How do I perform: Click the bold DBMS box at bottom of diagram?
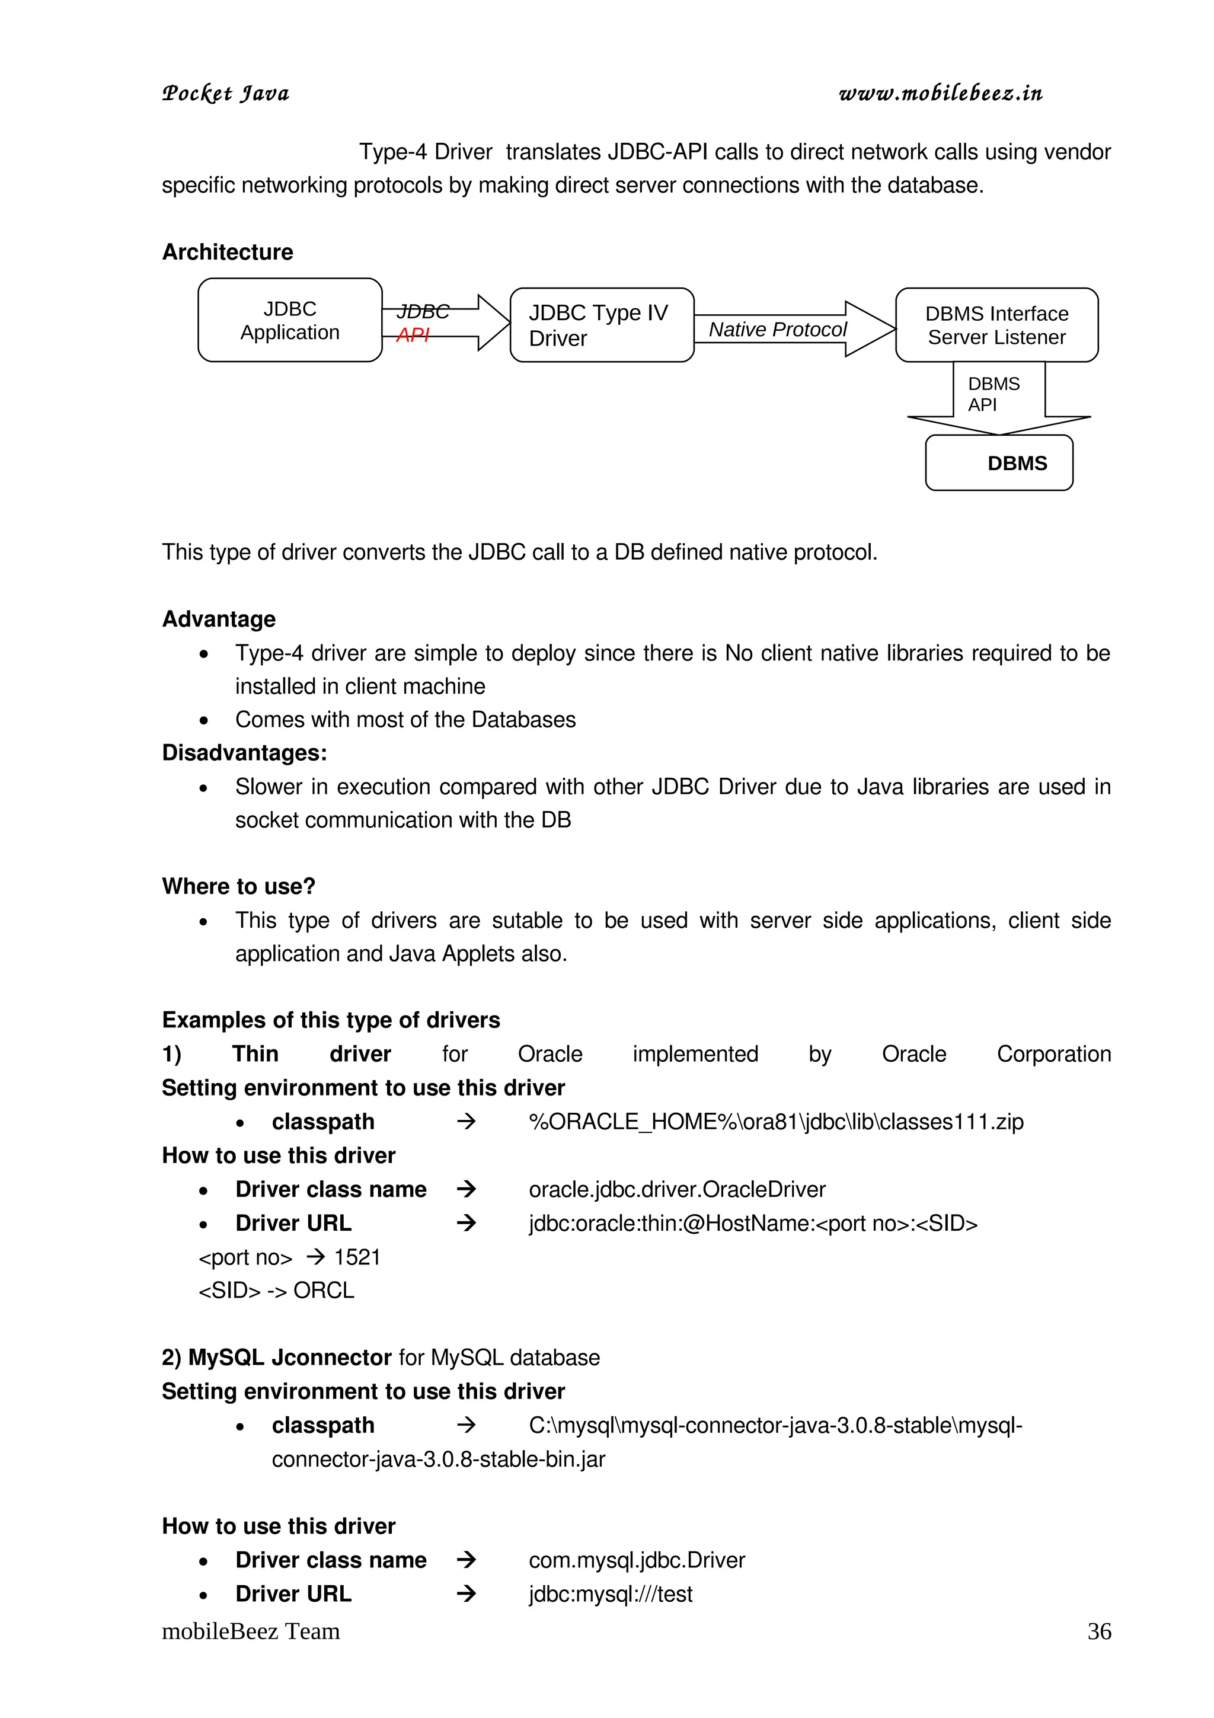(999, 463)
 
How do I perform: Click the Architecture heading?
(228, 252)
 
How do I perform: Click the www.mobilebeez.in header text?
(940, 93)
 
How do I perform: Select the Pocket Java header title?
(225, 94)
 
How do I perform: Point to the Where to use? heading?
(239, 887)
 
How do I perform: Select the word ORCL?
(323, 1291)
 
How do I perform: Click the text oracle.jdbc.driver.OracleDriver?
(676, 1190)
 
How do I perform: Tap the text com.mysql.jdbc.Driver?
(637, 1560)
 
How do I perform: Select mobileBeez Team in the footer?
(251, 1631)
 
